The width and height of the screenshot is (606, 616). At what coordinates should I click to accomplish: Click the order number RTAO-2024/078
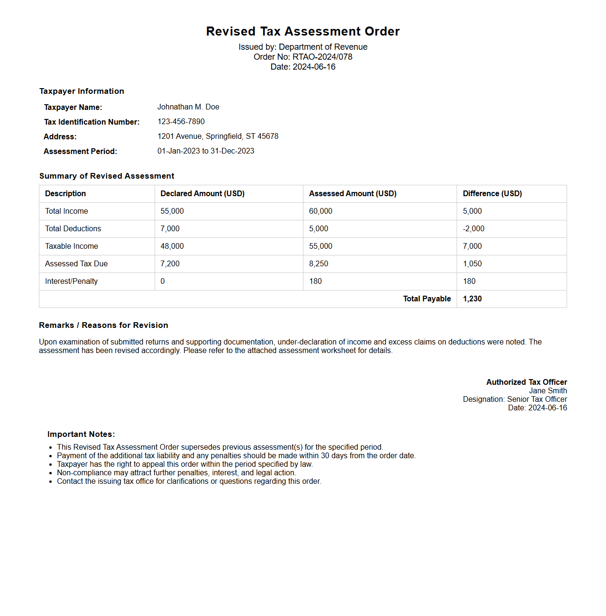pyautogui.click(x=322, y=57)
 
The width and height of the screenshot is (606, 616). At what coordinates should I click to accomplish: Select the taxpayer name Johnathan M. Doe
pyautogui.click(x=188, y=107)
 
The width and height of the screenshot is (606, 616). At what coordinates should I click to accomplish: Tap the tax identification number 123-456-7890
pyautogui.click(x=181, y=122)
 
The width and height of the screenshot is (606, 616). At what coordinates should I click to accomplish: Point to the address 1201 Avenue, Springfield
pyautogui.click(x=218, y=136)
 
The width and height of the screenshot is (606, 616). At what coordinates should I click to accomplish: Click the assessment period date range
pyautogui.click(x=206, y=151)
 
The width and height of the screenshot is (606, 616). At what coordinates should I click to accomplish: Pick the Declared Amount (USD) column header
pyautogui.click(x=202, y=194)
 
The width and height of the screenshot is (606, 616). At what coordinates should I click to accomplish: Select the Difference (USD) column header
pyautogui.click(x=492, y=194)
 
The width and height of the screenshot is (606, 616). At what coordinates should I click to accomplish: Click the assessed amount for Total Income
pyautogui.click(x=321, y=211)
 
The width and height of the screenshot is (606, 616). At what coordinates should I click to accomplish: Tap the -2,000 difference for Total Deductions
pyautogui.click(x=474, y=229)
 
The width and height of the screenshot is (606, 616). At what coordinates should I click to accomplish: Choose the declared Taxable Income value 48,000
pyautogui.click(x=172, y=246)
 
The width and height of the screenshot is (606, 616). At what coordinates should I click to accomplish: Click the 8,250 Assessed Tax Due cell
pyautogui.click(x=319, y=264)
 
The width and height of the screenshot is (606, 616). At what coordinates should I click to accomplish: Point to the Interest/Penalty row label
pyautogui.click(x=72, y=281)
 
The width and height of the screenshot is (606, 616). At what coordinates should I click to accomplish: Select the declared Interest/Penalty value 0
pyautogui.click(x=163, y=281)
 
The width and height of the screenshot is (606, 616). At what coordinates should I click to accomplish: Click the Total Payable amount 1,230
pyautogui.click(x=472, y=299)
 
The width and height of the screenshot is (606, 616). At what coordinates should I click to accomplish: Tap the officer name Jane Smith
pyautogui.click(x=548, y=391)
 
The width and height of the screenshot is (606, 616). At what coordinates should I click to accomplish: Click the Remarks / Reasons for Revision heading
pyautogui.click(x=103, y=326)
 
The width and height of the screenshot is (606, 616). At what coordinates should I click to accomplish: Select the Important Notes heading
pyautogui.click(x=81, y=435)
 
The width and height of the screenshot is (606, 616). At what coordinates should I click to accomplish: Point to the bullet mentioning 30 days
pyautogui.click(x=236, y=456)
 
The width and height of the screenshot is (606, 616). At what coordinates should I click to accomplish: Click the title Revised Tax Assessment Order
pyautogui.click(x=303, y=31)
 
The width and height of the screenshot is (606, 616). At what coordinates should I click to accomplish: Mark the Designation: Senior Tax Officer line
pyautogui.click(x=514, y=399)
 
